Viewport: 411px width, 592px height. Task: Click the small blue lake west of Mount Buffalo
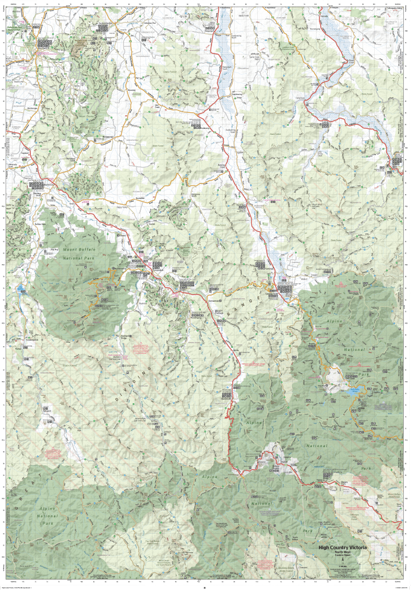[x=21, y=290]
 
